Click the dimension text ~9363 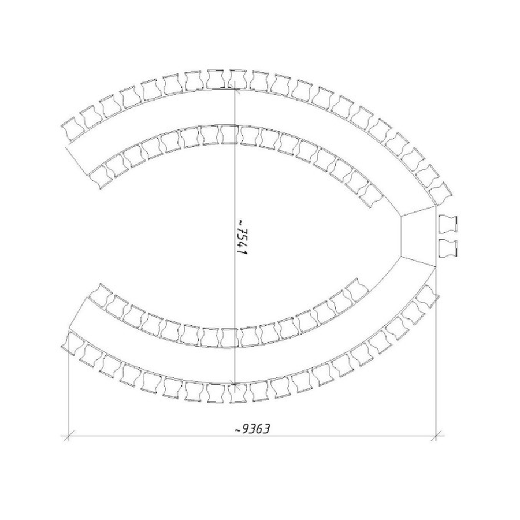(x=252, y=429)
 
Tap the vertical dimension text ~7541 (x=242, y=237)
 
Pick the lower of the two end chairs (x=448, y=248)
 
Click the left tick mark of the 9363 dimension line (x=69, y=435)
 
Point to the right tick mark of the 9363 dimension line (x=436, y=435)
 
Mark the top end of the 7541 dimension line (x=235, y=88)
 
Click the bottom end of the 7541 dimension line (x=235, y=385)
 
